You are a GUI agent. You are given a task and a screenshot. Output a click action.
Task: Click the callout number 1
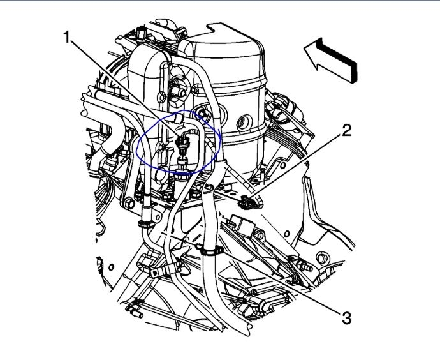point(66,37)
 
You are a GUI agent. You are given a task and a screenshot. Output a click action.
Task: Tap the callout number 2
point(346,130)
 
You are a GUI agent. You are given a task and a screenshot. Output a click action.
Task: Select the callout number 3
point(346,318)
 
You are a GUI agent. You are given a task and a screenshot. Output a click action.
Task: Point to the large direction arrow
point(330,60)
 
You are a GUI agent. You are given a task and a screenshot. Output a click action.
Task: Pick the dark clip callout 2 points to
point(247,202)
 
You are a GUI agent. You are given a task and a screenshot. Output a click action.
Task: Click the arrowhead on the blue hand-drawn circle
point(218,133)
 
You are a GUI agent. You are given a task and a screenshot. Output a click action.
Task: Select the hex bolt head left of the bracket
point(128,203)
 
